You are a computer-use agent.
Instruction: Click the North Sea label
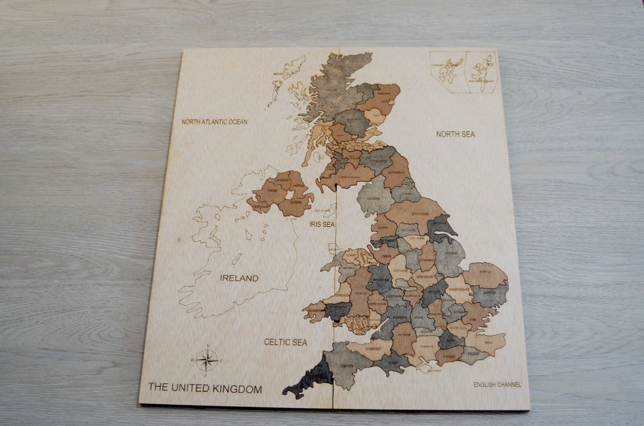tap(455, 134)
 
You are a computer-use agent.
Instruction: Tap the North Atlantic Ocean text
tap(214, 122)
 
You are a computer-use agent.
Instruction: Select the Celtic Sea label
tap(286, 342)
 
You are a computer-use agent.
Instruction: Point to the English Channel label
tap(497, 385)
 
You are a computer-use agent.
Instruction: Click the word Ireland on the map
tap(239, 278)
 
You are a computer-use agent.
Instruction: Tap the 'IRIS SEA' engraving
tap(322, 224)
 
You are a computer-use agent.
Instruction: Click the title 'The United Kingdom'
tap(205, 388)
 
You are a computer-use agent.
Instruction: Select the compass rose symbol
tap(207, 360)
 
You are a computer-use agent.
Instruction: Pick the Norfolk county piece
tap(485, 275)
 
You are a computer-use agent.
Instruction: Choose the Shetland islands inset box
tap(481, 71)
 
